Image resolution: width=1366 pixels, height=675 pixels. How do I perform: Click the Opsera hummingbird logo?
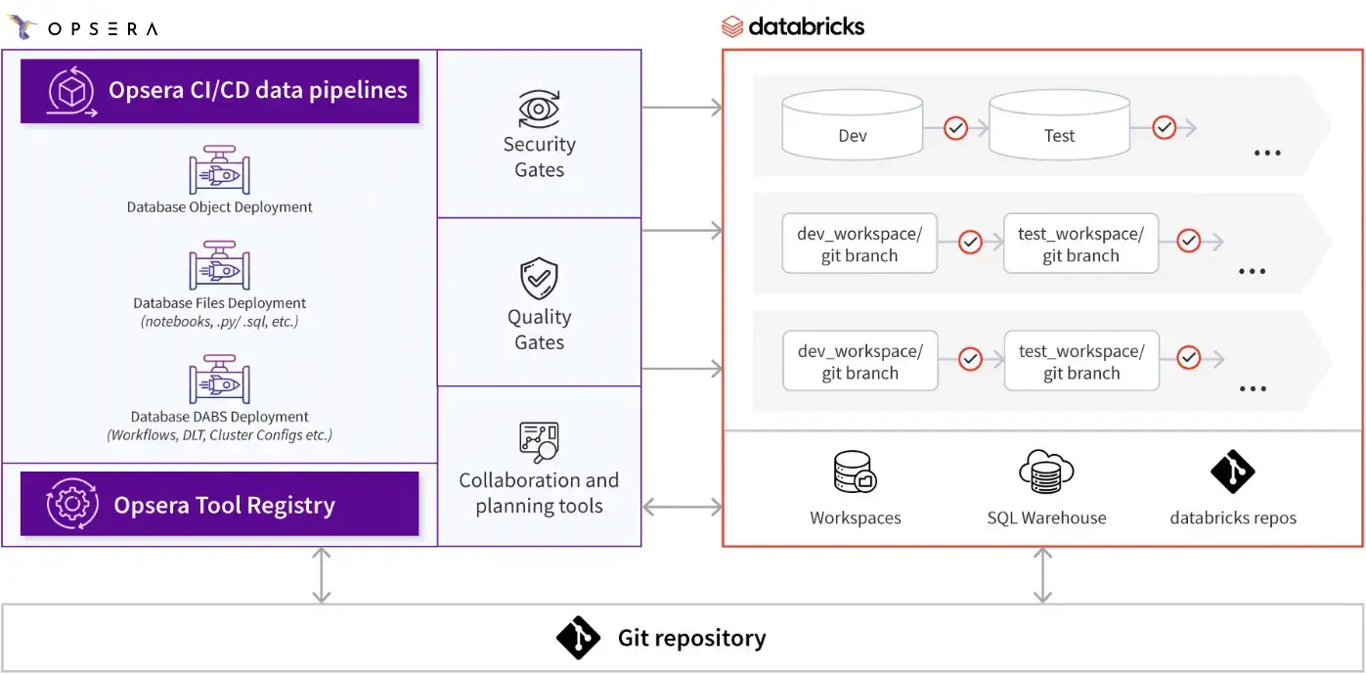click(22, 27)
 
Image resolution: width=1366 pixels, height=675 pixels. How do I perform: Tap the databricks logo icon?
click(732, 26)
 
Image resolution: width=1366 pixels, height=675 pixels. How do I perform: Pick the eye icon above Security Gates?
click(539, 109)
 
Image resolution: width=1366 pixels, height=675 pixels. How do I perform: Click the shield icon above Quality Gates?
click(539, 279)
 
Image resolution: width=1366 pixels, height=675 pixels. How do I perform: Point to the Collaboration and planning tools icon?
click(539, 441)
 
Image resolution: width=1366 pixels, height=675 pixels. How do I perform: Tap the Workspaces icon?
click(855, 472)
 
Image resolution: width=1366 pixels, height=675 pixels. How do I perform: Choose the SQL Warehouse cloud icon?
click(1046, 472)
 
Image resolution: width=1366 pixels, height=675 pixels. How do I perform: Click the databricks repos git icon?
click(1232, 472)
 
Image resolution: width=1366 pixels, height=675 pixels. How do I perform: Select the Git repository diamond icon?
click(578, 639)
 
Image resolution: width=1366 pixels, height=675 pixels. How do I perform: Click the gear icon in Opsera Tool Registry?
click(71, 505)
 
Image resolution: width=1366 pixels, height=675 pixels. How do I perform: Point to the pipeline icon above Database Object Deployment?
click(219, 170)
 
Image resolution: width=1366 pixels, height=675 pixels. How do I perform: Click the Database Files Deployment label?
click(220, 303)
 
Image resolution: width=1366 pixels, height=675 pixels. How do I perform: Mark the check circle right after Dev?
click(955, 128)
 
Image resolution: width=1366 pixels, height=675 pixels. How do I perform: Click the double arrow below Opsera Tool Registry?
click(321, 575)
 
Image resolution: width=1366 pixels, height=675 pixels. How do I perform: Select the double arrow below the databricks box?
click(1043, 575)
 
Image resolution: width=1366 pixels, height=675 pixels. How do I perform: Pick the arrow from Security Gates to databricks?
click(682, 108)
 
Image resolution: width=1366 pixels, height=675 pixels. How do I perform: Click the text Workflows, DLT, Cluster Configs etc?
click(220, 435)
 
